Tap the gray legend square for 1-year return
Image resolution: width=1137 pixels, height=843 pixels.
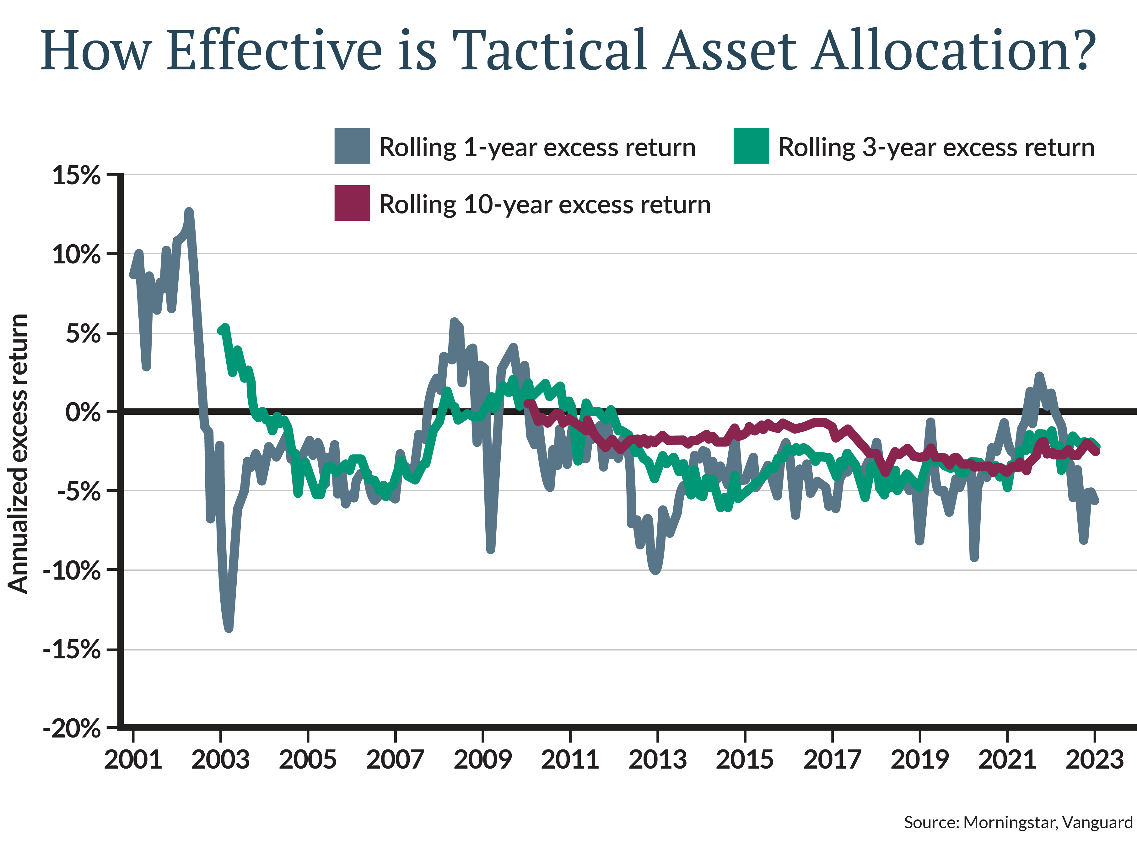click(352, 146)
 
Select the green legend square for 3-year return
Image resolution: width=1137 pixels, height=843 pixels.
click(751, 146)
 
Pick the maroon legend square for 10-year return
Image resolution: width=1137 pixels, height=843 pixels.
click(352, 203)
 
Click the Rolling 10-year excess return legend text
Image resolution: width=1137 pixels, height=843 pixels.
click(544, 205)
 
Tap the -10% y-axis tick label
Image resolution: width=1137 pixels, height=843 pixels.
click(71, 570)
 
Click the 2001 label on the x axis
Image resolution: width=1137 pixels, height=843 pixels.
click(133, 759)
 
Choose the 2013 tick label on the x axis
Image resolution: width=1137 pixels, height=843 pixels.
click(658, 759)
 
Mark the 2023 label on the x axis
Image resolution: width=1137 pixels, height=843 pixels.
click(1095, 759)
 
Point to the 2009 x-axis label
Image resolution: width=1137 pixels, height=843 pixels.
click(482, 759)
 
